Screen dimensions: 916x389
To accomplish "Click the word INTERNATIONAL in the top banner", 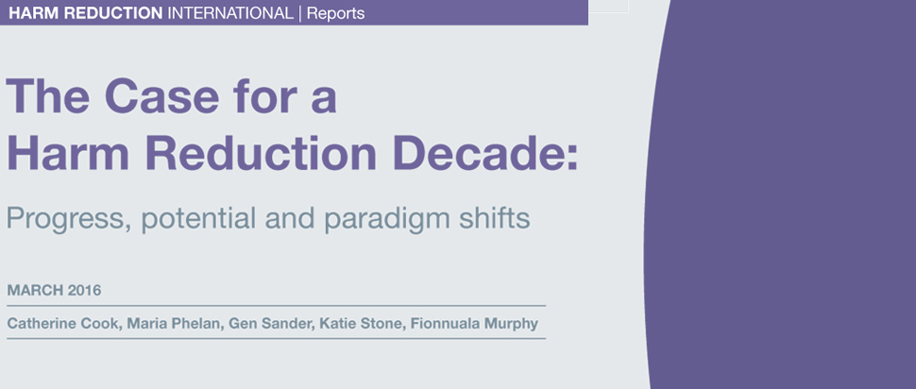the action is (230, 13).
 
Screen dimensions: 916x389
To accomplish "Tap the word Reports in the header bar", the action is (335, 14).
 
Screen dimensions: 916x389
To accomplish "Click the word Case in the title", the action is (162, 95).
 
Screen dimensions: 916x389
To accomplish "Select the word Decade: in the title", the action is (485, 153).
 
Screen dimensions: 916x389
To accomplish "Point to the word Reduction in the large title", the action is (261, 153).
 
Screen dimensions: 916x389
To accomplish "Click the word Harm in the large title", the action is (67, 153).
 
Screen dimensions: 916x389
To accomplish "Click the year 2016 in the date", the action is (84, 290).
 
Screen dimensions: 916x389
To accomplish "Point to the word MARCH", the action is (35, 290).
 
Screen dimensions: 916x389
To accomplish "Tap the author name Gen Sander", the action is (272, 324).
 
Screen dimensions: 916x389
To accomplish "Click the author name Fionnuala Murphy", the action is (474, 324).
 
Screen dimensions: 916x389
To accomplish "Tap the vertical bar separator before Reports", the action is (300, 13).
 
